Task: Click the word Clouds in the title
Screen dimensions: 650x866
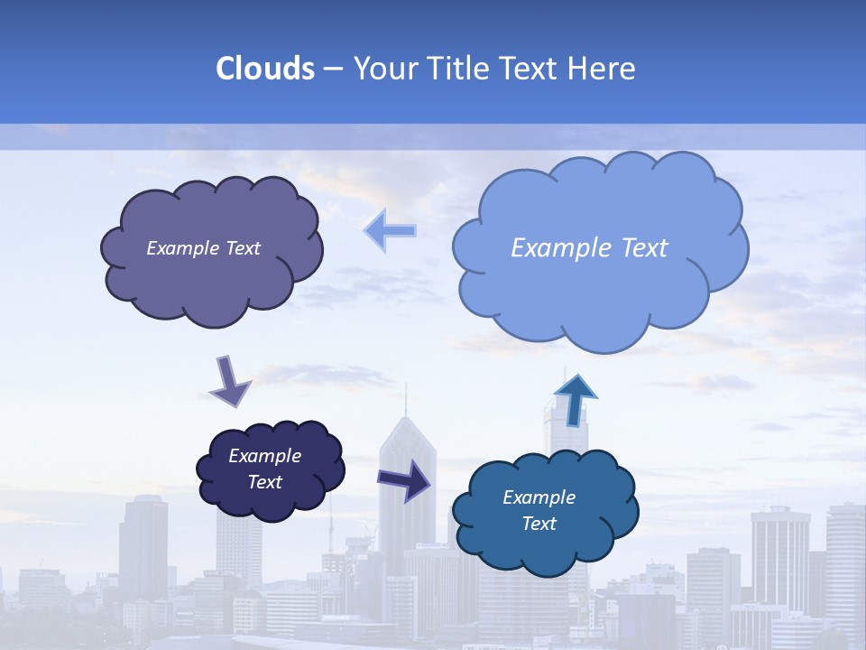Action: point(264,69)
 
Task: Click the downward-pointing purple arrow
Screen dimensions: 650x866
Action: point(229,381)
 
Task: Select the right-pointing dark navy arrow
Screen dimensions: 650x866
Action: point(404,479)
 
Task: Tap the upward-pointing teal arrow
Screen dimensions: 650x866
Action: point(574,399)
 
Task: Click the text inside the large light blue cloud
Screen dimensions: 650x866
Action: point(589,247)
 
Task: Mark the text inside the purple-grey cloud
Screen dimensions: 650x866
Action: point(203,248)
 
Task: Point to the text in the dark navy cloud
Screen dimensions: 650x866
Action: point(264,469)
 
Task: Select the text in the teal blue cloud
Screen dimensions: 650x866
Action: point(539,510)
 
